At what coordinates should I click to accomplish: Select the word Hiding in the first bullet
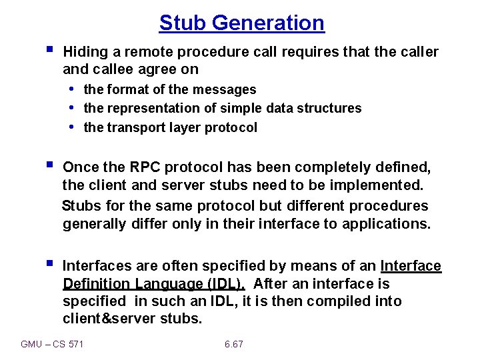pos(83,52)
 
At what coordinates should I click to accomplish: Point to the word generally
pos(95,224)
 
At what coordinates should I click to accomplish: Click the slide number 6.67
pos(234,344)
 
